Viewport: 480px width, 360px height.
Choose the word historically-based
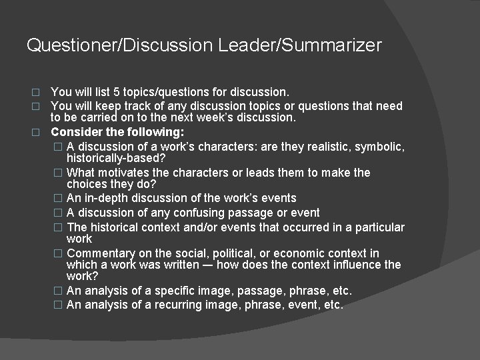(x=117, y=158)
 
